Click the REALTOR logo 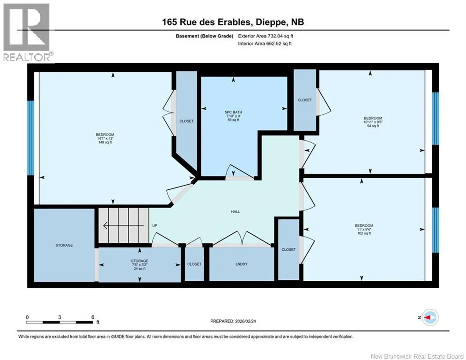click(27, 32)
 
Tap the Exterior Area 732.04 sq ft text click(266, 36)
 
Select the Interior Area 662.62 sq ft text click(265, 44)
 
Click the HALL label click(236, 211)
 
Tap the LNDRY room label click(241, 264)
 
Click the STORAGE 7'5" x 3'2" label click(140, 265)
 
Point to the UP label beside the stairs click(155, 225)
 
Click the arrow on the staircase click(124, 226)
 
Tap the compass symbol click(430, 317)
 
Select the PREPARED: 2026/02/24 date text click(233, 321)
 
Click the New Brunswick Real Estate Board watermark click(417, 356)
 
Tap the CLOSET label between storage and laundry click(194, 264)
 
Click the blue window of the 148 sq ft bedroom click(30, 138)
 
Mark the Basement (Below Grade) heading click(205, 36)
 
